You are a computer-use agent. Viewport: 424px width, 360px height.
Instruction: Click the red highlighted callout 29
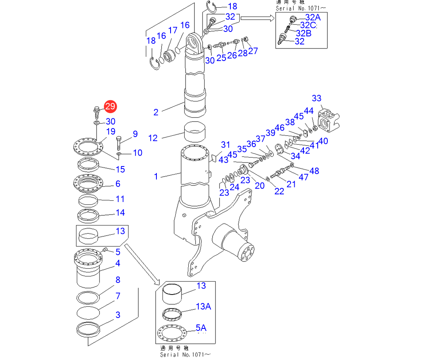110,107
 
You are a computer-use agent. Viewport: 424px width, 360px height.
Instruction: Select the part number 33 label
316,98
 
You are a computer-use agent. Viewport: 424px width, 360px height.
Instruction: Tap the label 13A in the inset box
203,307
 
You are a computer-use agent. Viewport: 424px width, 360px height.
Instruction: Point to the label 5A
201,327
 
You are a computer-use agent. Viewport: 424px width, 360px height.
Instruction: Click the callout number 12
153,138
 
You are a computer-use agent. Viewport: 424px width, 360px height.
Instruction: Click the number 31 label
225,145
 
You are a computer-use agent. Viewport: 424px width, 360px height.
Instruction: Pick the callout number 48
314,171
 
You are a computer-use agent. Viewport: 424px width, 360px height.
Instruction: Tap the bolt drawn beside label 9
119,142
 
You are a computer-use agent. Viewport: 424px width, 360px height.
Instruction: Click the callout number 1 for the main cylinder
156,176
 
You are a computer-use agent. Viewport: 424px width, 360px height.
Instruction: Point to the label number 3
118,315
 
